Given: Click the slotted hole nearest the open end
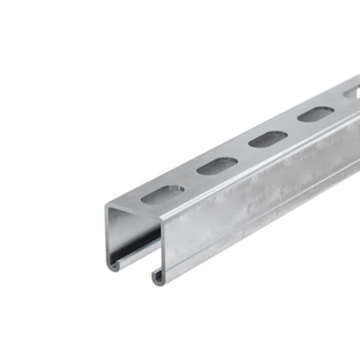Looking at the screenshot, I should click(x=163, y=195).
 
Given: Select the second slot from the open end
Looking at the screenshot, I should click(x=217, y=166).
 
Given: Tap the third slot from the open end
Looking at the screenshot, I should click(x=268, y=139).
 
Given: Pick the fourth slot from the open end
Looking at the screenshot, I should click(x=315, y=114).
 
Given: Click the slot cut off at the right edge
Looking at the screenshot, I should click(x=352, y=93).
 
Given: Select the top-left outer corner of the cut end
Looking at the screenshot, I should click(x=107, y=206).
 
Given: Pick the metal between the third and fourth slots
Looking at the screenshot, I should click(x=292, y=127).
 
